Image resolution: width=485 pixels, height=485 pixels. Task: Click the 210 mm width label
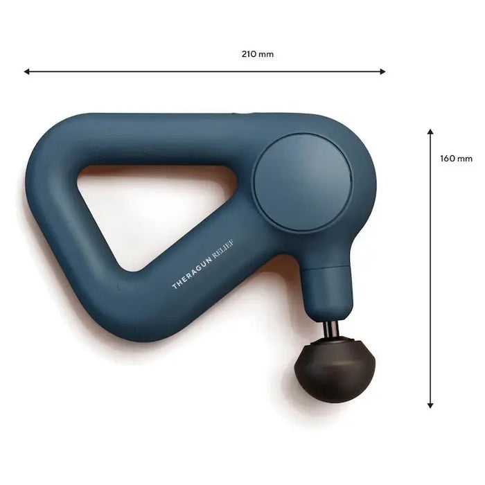pyautogui.click(x=258, y=53)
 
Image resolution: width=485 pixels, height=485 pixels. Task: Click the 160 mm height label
pyautogui.click(x=456, y=158)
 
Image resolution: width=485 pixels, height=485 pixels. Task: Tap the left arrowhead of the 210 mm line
pyautogui.click(x=26, y=71)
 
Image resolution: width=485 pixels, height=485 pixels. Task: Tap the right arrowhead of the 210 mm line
pyautogui.click(x=382, y=71)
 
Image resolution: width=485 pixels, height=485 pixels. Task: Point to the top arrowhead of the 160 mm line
pyautogui.click(x=430, y=131)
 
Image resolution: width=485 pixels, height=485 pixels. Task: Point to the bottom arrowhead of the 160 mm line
pyautogui.click(x=430, y=405)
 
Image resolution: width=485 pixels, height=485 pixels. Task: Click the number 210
pyautogui.click(x=250, y=53)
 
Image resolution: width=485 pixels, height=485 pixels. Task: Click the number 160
pyautogui.click(x=448, y=158)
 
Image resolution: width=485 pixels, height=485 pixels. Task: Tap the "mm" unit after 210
pyautogui.click(x=266, y=53)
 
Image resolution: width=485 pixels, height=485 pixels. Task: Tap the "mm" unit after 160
pyautogui.click(x=465, y=158)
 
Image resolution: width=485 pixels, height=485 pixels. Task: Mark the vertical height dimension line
pyautogui.click(x=430, y=277)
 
